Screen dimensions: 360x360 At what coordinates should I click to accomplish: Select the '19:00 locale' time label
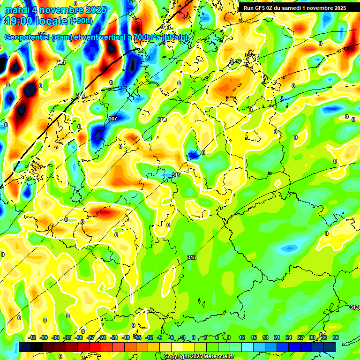tap(37, 22)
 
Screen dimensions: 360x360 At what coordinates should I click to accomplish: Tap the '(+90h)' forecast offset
tap(81, 21)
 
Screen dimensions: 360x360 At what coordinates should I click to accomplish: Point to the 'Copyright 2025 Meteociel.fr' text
tap(199, 357)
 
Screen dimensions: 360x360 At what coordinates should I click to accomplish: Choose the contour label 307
tap(112, 119)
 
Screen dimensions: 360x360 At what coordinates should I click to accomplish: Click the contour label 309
tap(162, 120)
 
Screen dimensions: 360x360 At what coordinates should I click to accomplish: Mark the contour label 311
tap(176, 175)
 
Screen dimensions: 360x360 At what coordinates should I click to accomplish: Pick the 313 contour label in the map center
tap(191, 257)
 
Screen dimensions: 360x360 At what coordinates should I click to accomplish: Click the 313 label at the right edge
tap(354, 307)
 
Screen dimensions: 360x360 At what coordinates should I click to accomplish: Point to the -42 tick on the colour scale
tap(32, 337)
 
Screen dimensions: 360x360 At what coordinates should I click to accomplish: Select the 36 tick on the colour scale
tap(335, 337)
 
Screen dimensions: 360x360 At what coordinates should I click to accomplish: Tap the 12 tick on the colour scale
tap(242, 337)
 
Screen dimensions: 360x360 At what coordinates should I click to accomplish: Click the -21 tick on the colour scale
tap(114, 337)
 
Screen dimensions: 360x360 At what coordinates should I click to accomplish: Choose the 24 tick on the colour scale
tap(289, 337)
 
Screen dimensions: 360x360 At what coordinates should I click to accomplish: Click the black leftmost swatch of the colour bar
tap(25, 346)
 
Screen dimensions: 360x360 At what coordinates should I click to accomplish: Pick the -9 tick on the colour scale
tap(159, 337)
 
